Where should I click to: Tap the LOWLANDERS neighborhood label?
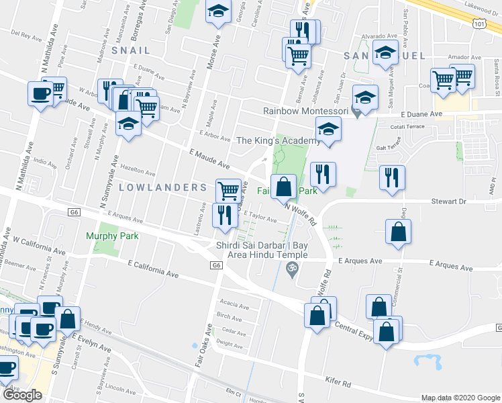pyautogui.click(x=162, y=187)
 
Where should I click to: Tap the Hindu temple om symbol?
pyautogui.click(x=291, y=271)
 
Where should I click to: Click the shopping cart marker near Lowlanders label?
pyautogui.click(x=228, y=190)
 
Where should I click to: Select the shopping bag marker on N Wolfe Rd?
pyautogui.click(x=284, y=186)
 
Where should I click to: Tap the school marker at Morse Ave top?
pyautogui.click(x=217, y=12)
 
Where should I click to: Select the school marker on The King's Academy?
pyautogui.click(x=328, y=128)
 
